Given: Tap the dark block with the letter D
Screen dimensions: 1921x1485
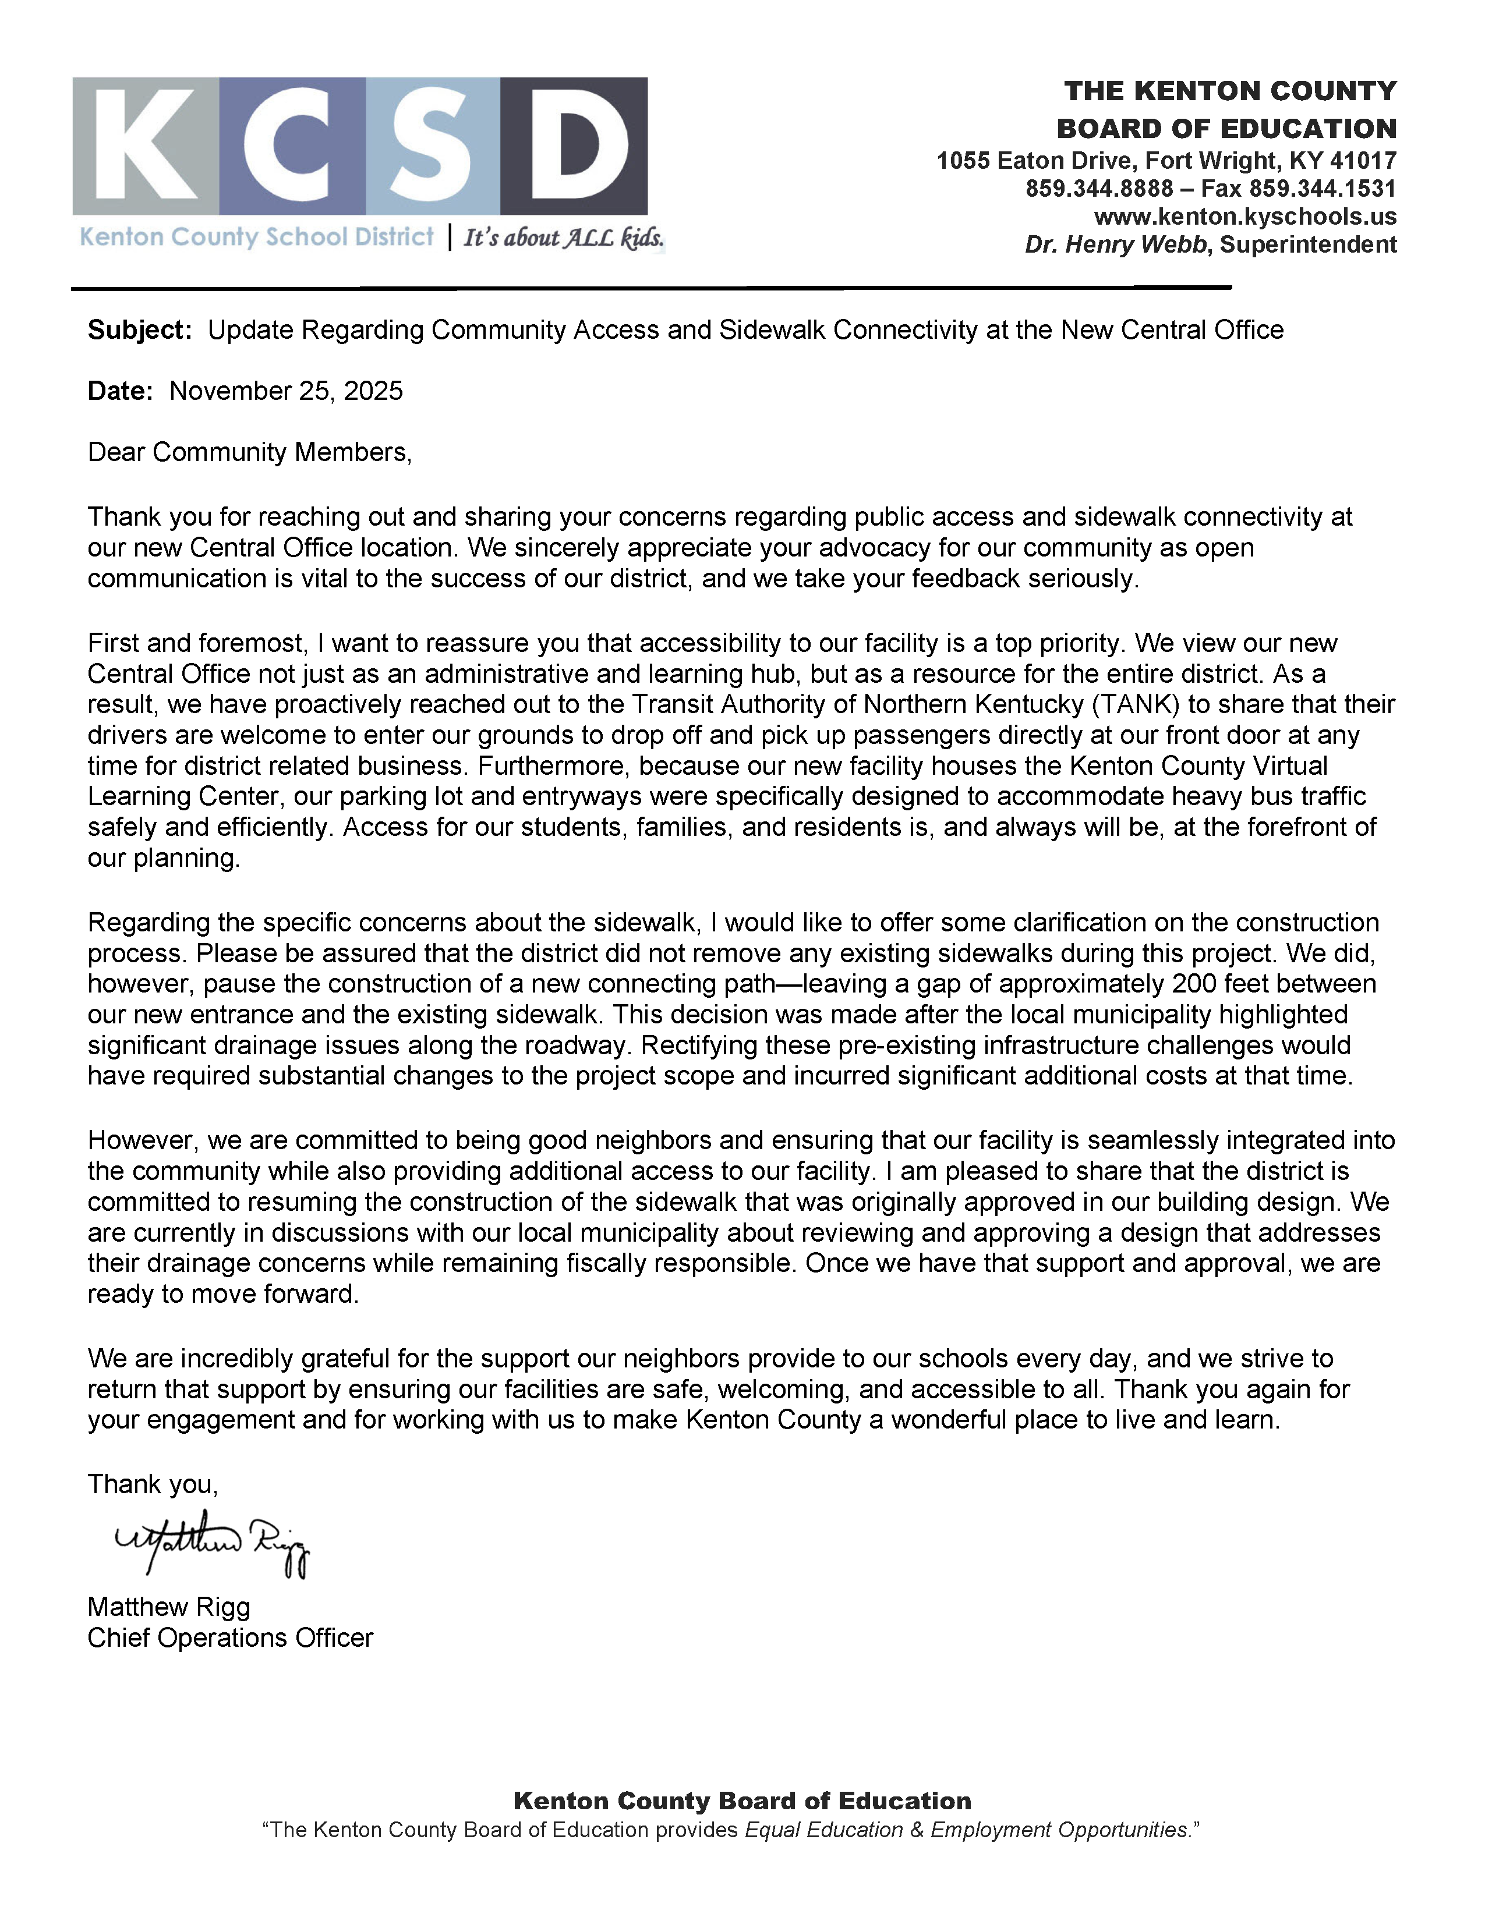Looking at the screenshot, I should coord(574,146).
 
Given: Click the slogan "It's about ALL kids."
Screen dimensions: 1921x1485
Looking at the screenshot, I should coord(563,238).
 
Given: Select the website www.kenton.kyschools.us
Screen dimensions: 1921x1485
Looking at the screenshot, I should coord(1245,217).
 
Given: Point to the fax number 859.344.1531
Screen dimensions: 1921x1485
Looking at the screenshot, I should coord(1323,188).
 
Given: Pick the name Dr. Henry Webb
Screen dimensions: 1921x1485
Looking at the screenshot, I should coord(1116,244).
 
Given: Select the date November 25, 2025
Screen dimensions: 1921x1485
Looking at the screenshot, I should coord(286,391).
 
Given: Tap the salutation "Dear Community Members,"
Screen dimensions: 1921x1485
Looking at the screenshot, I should coord(250,452).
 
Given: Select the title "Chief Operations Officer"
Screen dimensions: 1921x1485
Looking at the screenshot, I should coord(231,1638).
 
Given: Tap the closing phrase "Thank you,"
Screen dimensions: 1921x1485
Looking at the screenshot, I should coord(152,1485).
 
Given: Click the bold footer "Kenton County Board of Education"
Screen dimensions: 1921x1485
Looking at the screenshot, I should coord(741,1802).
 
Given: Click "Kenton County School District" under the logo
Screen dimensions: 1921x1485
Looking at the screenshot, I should coord(256,238).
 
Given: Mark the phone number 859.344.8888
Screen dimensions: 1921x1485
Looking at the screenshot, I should coord(1099,188).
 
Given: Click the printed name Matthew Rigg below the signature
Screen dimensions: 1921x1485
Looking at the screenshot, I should coord(169,1607).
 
